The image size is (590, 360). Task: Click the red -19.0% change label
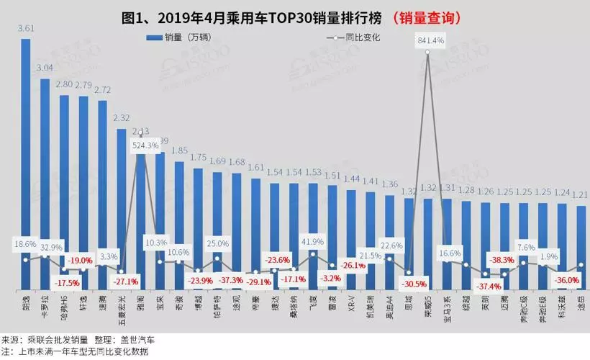[81, 260]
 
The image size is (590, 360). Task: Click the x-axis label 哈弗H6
[64, 307]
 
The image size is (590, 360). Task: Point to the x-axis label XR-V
[352, 303]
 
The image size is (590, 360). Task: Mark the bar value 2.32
[122, 118]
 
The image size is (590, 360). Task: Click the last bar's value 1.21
[581, 194]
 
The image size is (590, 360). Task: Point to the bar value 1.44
[351, 179]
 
